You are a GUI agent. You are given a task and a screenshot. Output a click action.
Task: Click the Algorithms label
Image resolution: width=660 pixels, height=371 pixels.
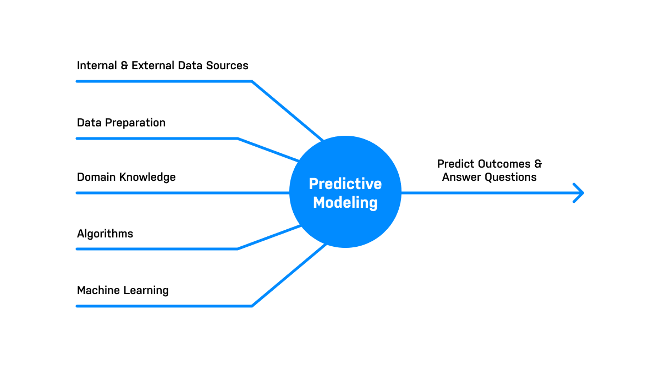click(105, 234)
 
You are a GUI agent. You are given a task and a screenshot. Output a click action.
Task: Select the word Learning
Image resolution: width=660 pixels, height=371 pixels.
click(145, 290)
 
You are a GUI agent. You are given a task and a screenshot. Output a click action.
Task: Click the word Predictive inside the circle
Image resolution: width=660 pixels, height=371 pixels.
click(345, 184)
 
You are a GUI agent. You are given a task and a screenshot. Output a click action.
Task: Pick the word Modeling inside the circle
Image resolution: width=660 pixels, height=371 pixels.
click(345, 202)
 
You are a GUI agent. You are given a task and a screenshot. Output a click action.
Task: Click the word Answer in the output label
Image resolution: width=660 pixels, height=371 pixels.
click(459, 177)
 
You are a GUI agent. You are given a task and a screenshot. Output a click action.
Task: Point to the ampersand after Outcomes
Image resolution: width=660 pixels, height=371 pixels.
click(538, 164)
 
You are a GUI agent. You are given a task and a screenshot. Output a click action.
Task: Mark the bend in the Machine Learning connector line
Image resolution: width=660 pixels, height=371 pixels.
click(252, 306)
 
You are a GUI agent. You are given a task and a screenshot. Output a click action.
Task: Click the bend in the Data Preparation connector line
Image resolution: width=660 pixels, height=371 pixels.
click(238, 139)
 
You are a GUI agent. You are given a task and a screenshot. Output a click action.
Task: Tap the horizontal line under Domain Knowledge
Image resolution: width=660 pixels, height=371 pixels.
click(182, 193)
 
